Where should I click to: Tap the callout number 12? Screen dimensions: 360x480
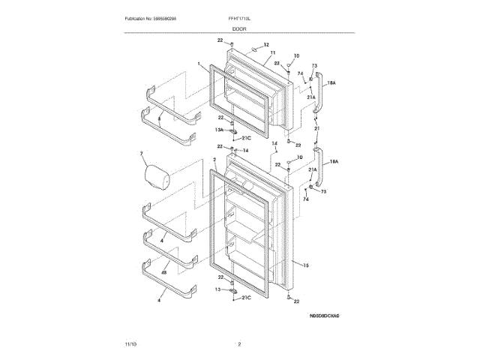(x=266, y=46)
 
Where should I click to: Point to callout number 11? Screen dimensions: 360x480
(x=262, y=53)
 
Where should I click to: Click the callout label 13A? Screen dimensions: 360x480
(x=220, y=130)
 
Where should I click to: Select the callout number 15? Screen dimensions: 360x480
(x=306, y=263)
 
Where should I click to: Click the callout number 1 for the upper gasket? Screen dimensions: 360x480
(x=199, y=64)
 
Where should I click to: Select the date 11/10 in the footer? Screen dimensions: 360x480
(x=130, y=343)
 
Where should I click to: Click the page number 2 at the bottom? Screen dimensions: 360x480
(x=238, y=343)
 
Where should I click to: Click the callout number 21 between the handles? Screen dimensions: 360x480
(x=317, y=128)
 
